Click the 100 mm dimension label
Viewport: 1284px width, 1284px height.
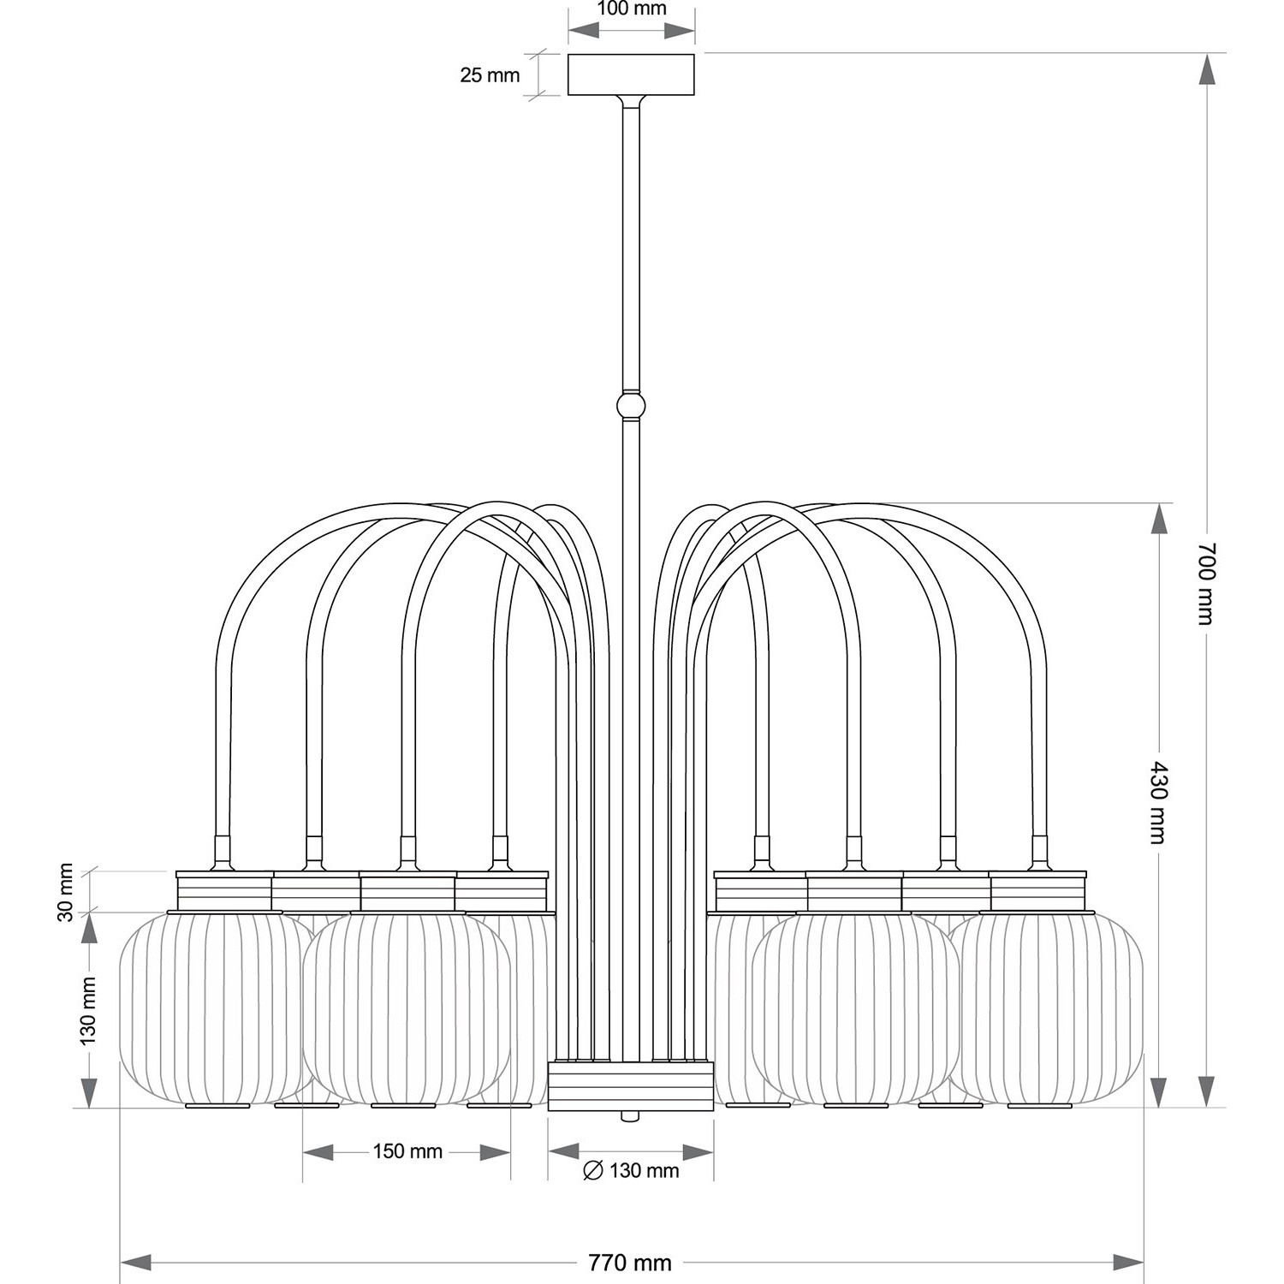pos(632,9)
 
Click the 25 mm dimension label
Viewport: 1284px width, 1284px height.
pos(490,75)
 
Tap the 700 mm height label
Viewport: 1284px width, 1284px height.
pos(1205,583)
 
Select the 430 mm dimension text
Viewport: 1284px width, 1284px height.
pos(1157,802)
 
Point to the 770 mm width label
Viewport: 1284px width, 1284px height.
pos(630,1263)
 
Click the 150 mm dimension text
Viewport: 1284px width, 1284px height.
pos(407,1151)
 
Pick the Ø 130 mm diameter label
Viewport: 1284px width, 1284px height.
pos(631,1171)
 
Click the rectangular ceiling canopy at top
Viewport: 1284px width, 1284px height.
pos(632,74)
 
